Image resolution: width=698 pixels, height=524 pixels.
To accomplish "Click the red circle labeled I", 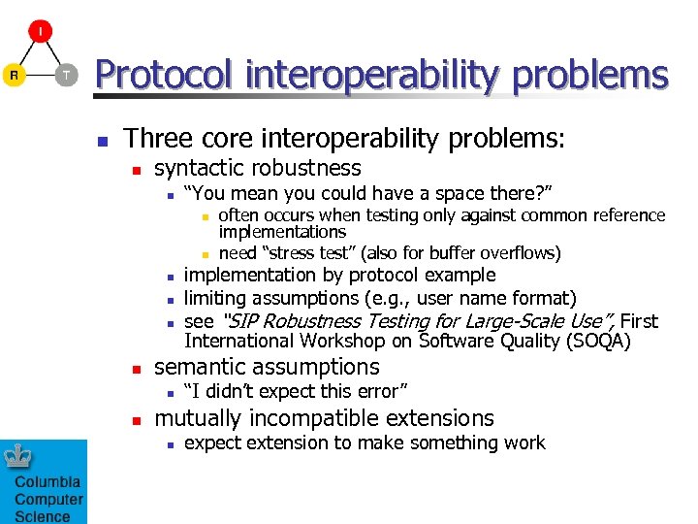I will pos(40,32).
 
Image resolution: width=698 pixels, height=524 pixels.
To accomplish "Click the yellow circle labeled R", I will pos(14,75).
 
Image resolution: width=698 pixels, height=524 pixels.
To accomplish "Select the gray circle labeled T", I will pos(65,75).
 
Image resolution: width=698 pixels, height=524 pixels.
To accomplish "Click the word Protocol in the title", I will pos(162,75).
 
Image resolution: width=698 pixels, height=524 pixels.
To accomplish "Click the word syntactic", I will pos(198,168).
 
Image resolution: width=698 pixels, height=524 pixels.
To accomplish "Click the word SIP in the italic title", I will pos(240,321).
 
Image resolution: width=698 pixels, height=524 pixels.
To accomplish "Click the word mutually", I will pos(198,418).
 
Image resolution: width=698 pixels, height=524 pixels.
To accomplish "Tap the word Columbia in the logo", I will pos(48,482).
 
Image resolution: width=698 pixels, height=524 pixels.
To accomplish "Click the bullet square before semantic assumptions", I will pos(137,369).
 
